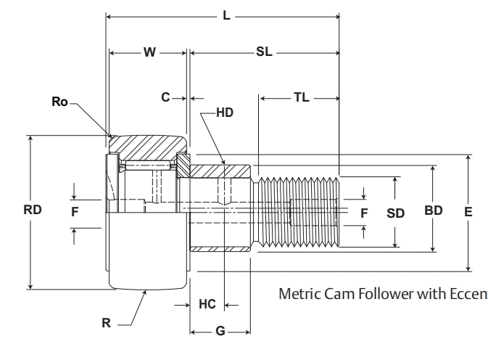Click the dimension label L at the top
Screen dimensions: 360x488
pos(226,15)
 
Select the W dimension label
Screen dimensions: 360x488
pos(149,52)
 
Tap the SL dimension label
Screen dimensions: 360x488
pos(264,52)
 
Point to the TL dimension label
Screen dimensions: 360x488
pos(301,97)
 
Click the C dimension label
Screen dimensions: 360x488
pos(165,97)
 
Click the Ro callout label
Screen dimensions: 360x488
pos(59,102)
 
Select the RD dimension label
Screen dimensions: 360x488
pos(33,210)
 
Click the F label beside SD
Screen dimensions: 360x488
pos(365,213)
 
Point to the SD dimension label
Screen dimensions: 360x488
pos(395,213)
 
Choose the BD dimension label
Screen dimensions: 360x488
pos(433,211)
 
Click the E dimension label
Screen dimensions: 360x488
pos(468,212)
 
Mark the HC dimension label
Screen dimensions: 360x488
pos(207,305)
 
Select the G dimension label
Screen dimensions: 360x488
pos(220,332)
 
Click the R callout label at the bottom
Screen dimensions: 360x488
pos(106,324)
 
